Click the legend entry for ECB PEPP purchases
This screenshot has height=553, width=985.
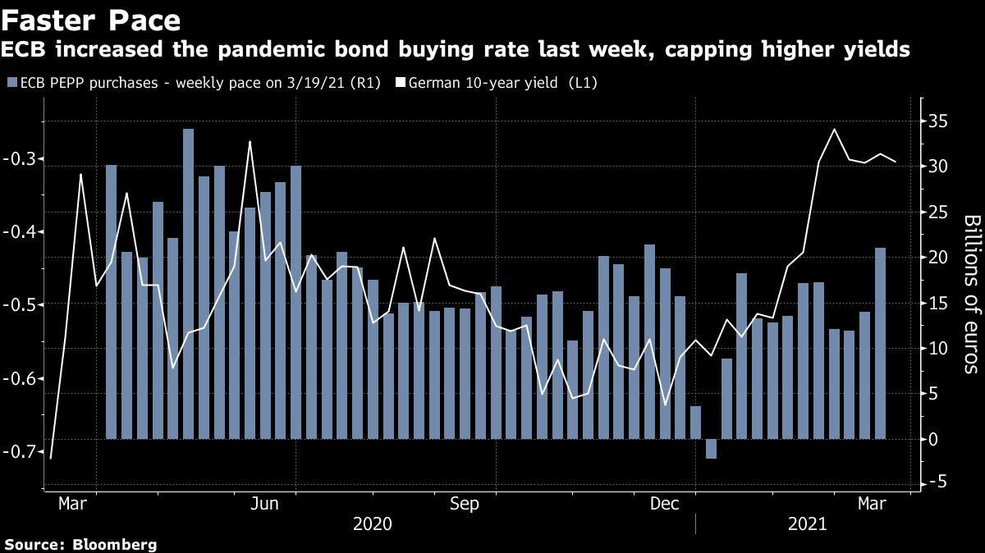193,83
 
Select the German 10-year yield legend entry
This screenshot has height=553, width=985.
478,83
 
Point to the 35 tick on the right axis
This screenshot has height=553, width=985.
937,121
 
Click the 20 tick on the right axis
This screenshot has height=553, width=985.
937,258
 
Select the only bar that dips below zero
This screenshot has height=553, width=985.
711,449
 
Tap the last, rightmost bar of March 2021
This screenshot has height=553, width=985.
880,343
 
